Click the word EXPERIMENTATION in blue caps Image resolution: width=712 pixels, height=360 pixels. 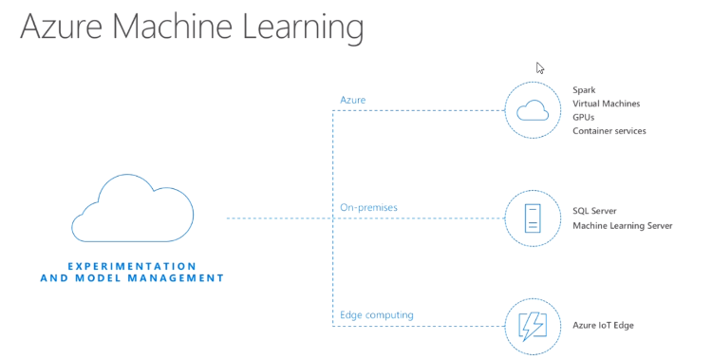pos(132,266)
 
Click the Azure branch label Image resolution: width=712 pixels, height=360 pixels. pos(353,100)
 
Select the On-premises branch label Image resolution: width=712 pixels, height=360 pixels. pos(369,207)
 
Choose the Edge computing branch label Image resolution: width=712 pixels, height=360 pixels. pos(377,314)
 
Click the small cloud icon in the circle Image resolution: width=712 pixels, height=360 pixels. pos(533,112)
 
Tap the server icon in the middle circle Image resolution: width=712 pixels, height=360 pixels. pos(533,218)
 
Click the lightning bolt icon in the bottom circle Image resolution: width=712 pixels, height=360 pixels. pos(533,326)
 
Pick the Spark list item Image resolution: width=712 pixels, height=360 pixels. pos(585,90)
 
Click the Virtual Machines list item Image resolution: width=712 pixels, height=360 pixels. pos(607,104)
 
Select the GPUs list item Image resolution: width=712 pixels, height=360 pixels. pos(584,117)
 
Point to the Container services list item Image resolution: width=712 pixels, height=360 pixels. pos(609,130)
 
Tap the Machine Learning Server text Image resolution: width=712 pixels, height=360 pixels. pos(623,225)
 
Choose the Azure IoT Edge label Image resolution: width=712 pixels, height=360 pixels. pos(603,325)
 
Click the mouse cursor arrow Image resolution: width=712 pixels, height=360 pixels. pos(539,67)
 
